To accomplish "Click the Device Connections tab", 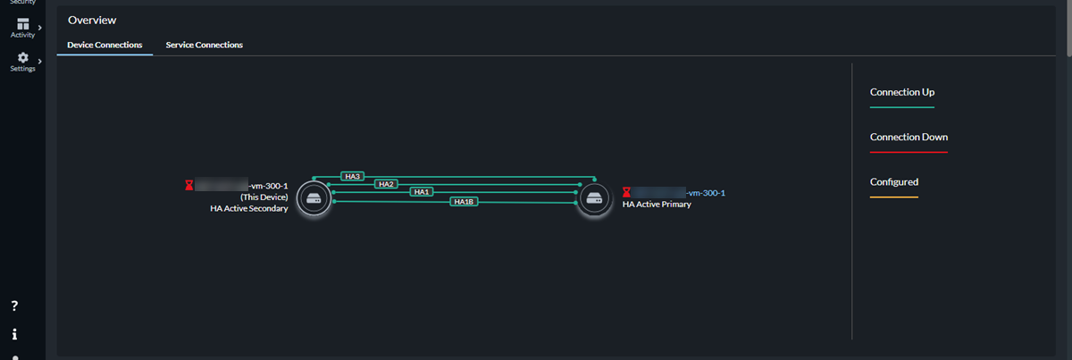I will coord(105,45).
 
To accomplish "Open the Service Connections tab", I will coord(204,45).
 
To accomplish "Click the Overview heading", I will coord(92,20).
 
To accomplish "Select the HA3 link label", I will coord(353,177).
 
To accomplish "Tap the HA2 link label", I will coord(386,184).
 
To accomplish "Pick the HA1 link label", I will coord(422,192).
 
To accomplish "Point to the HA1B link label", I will coord(464,202).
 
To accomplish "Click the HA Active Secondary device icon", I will coord(313,197).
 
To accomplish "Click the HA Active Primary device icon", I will coord(594,197).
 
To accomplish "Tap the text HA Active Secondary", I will coord(243,209).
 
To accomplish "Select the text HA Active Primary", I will coord(657,205).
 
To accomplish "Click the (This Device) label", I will coord(264,197).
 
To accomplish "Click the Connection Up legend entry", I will coord(902,92).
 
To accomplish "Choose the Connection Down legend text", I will coord(909,138).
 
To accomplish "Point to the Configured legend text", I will coord(893,182).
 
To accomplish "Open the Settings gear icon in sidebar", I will coord(23,58).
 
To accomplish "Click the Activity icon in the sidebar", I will coord(23,24).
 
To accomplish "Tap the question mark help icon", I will coord(15,306).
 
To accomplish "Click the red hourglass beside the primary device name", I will coord(627,192).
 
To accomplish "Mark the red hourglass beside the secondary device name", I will coord(188,186).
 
